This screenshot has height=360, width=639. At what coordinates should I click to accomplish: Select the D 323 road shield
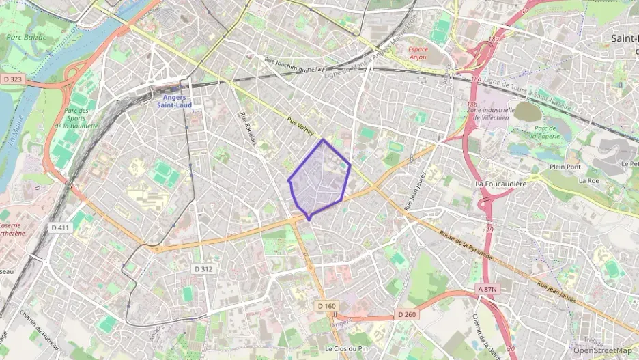[13, 79]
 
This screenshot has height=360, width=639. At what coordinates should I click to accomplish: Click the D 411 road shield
[61, 227]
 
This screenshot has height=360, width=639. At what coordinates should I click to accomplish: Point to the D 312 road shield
[203, 268]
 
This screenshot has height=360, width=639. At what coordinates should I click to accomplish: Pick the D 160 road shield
[327, 306]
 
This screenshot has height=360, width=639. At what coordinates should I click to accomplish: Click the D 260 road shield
[406, 314]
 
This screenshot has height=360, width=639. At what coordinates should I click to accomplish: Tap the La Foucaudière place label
[503, 184]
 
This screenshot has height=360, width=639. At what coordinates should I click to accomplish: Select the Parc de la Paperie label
[548, 132]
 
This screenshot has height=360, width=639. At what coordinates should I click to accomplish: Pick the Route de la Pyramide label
[468, 245]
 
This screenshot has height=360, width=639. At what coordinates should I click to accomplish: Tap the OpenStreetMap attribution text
[602, 350]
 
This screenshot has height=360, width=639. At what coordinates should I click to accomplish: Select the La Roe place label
[588, 180]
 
